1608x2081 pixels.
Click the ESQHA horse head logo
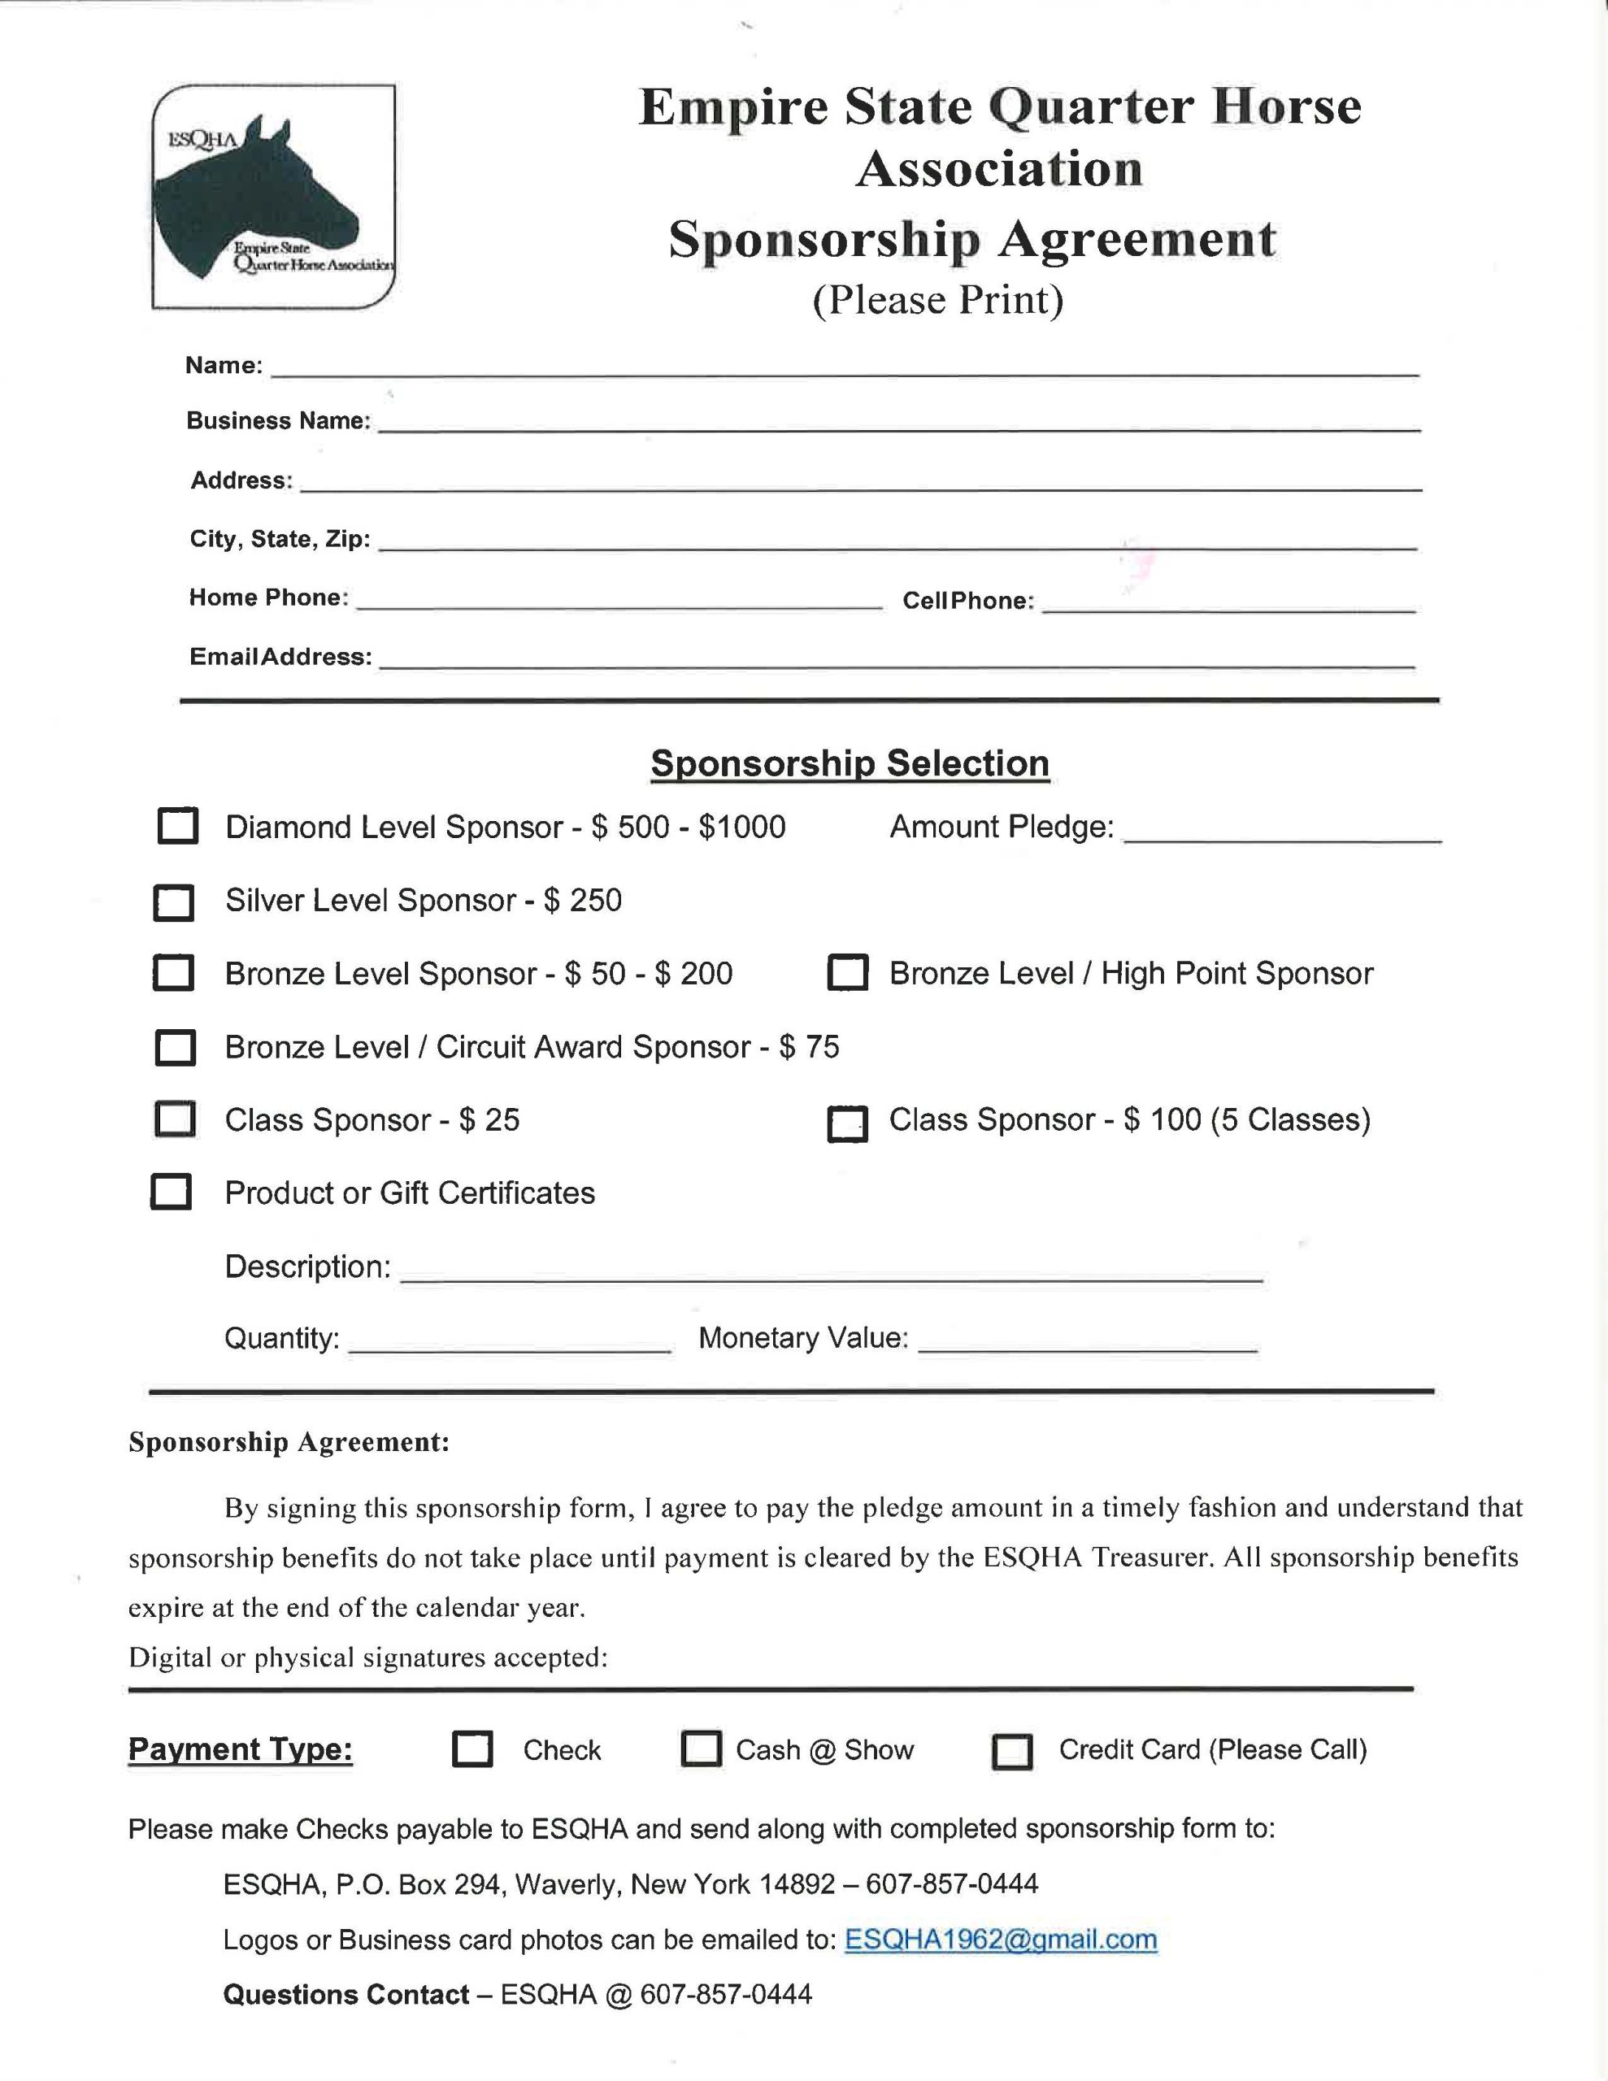coord(272,196)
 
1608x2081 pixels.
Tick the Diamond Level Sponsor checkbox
coord(177,826)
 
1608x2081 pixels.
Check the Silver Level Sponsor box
coord(173,902)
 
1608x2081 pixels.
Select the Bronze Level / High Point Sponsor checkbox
coord(847,973)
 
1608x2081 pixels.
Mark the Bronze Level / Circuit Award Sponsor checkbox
coord(176,1047)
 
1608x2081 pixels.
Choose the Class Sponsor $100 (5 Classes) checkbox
coord(847,1123)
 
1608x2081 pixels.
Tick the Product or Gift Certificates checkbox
coord(172,1192)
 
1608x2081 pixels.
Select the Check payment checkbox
coord(472,1749)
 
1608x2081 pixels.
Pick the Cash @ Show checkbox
coord(702,1749)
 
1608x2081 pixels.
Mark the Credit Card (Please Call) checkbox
coord(1012,1751)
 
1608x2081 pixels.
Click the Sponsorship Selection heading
coord(850,763)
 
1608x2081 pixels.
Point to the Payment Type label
coord(240,1749)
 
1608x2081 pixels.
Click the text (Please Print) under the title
coord(938,299)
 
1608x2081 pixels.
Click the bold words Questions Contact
coord(345,1994)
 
